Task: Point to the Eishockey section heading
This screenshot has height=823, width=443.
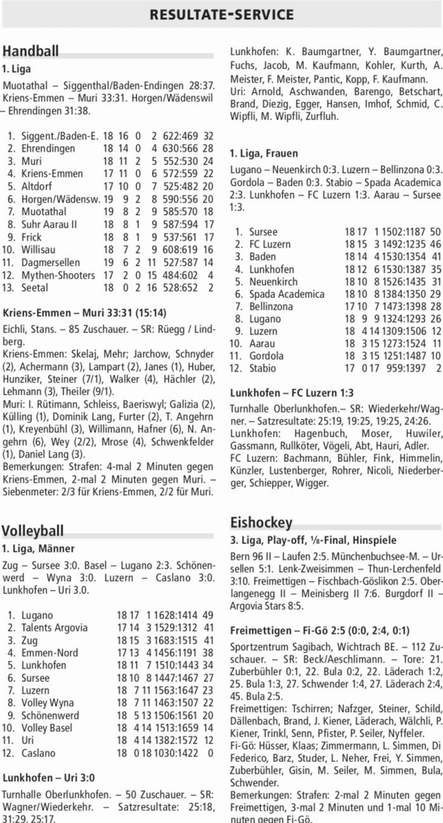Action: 261,522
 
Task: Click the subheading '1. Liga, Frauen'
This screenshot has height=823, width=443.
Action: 263,153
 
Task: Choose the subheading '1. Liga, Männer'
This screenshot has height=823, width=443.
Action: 38,549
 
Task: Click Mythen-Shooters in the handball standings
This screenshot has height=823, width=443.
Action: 58,275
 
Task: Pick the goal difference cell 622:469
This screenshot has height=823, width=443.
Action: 180,136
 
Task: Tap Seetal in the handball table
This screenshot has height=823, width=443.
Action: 35,288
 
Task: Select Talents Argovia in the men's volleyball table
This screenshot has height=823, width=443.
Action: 54,627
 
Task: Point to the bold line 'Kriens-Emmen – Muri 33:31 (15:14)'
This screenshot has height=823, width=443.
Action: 84,313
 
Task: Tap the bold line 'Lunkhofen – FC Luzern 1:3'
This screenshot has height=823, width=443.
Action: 292,393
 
